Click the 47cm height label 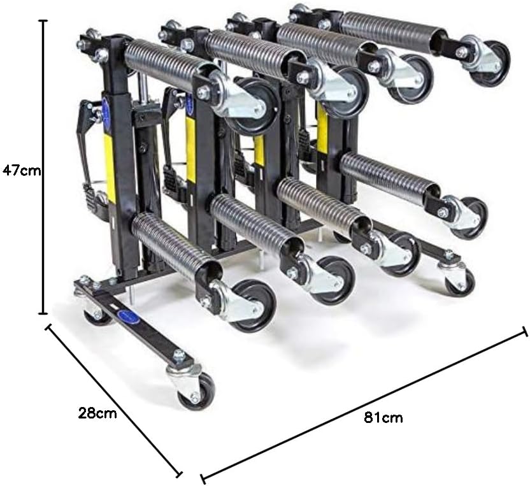(21, 171)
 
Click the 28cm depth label (97, 413)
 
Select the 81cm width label (383, 418)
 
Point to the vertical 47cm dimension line (43, 167)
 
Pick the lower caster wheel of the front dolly (253, 305)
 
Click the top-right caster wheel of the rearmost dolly (492, 62)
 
